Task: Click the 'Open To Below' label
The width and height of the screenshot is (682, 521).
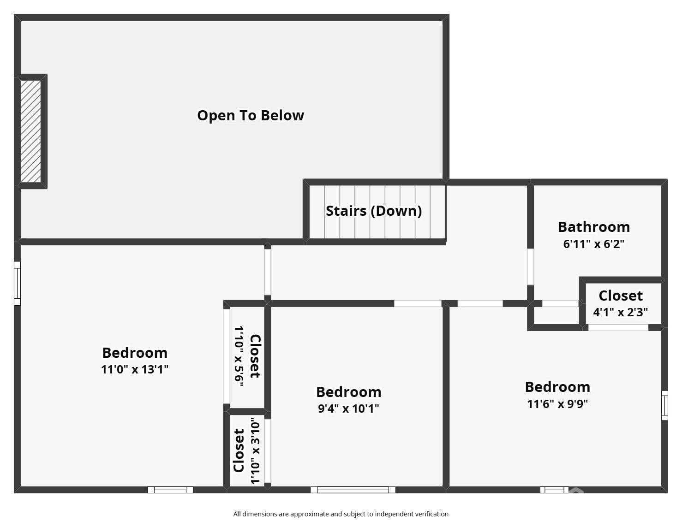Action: (251, 115)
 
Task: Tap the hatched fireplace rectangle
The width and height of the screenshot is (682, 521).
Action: (31, 131)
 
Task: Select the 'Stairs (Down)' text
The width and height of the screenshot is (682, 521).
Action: (374, 211)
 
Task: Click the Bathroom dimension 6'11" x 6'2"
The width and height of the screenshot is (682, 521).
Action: (593, 244)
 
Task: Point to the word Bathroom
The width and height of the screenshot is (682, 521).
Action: (594, 227)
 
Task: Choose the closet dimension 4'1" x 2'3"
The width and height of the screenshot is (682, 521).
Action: (620, 312)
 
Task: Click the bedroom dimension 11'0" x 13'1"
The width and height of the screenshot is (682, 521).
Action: (135, 369)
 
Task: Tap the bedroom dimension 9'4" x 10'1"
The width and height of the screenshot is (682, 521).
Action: (348, 409)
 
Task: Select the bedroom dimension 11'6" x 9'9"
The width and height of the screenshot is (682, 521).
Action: (557, 404)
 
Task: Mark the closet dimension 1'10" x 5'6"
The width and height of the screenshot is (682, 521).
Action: (239, 356)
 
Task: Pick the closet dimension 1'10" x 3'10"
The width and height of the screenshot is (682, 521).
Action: (255, 450)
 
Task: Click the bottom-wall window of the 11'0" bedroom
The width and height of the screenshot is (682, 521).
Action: (170, 490)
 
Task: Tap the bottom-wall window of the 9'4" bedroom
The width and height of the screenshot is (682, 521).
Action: (353, 490)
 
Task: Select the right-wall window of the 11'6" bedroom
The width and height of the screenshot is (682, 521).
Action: (664, 405)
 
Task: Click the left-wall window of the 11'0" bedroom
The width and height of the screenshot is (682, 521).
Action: (18, 283)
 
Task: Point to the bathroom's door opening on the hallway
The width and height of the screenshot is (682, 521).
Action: (530, 267)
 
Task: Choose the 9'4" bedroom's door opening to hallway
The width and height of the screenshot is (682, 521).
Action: (418, 303)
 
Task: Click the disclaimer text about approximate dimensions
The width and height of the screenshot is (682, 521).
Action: (341, 514)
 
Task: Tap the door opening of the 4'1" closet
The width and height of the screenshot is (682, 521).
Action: (618, 327)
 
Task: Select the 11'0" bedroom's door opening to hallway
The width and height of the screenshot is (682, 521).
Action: (267, 272)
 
